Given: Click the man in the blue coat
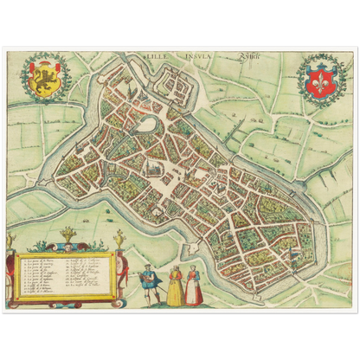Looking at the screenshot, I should click(148, 282).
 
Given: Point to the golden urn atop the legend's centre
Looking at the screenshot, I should click(67, 235).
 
